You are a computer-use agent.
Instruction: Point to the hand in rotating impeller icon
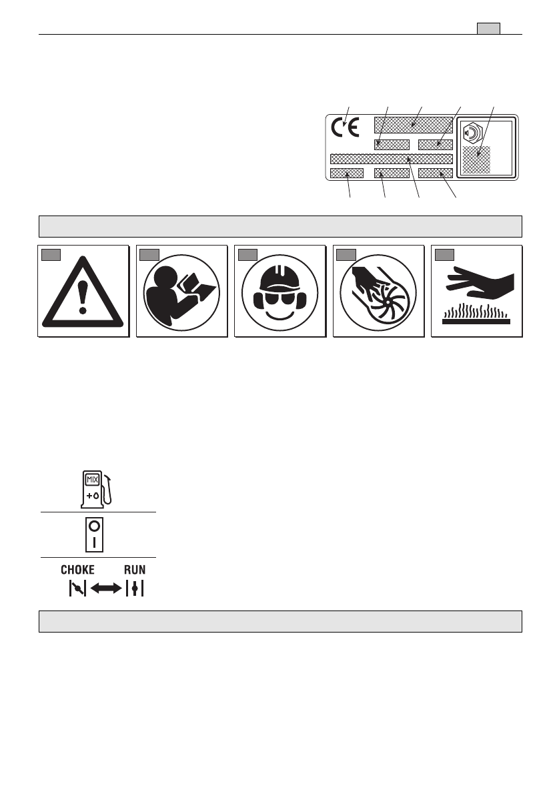pos(378,292)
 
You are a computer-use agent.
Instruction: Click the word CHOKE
pos(78,570)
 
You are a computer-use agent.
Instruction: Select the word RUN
pos(135,570)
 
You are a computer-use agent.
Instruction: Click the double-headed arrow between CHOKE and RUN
pos(105,588)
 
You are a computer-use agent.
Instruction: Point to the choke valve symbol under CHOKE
pos(78,588)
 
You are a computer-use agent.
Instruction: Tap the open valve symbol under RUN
pos(135,588)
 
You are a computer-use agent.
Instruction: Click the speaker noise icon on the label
pos(472,133)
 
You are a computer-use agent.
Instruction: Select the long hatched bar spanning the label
pos(392,159)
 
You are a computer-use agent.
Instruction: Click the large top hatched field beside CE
pos(413,123)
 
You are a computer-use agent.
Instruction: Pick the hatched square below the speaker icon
pos(476,160)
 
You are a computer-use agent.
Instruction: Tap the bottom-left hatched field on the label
pos(347,173)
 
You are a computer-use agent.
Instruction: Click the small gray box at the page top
pos(488,28)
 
